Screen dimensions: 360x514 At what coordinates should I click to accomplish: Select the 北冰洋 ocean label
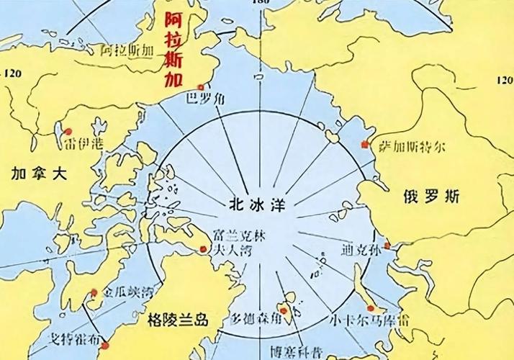point(253,202)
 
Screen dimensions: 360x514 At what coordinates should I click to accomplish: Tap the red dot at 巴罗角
point(190,88)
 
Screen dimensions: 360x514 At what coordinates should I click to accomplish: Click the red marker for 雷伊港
point(68,132)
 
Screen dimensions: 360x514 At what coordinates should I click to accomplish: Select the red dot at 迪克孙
point(387,246)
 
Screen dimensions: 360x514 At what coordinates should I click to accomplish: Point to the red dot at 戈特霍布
point(104,346)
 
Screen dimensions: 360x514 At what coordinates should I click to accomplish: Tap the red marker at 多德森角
point(284,311)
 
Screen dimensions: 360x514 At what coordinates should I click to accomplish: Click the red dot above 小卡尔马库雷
point(370,308)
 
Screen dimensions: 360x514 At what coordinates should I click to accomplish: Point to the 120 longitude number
point(14,73)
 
